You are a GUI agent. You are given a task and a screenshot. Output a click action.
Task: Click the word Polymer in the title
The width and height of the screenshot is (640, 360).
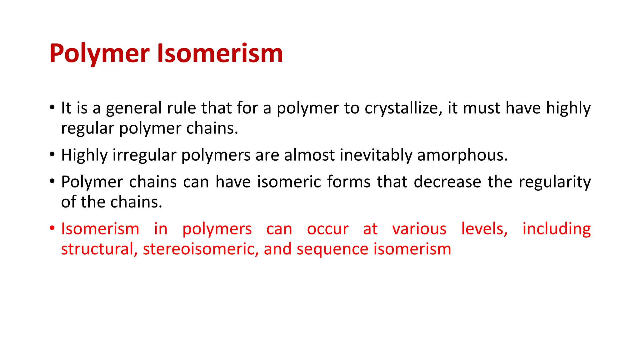pos(99,54)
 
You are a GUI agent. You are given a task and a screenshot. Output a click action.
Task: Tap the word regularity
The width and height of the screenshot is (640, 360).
pos(555,182)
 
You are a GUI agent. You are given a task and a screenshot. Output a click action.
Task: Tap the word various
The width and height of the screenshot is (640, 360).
pos(419,229)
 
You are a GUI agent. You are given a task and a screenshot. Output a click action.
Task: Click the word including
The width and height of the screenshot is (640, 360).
pos(557,229)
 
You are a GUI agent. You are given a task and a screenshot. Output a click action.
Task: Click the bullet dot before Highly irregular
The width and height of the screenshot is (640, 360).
pos(52,154)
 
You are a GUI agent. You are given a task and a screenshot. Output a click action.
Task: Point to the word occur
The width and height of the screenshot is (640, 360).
pos(327,229)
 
